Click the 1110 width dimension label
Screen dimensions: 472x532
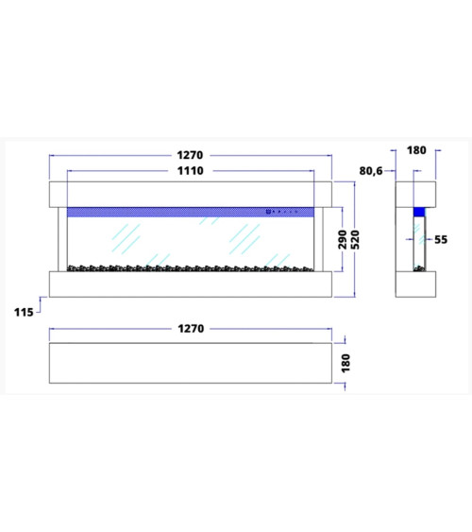(191, 171)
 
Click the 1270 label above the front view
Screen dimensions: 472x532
(190, 155)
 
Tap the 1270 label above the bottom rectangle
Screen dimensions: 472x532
(191, 329)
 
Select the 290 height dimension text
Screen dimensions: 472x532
(343, 239)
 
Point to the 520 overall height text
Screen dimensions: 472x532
(355, 239)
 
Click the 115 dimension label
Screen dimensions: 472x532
(24, 312)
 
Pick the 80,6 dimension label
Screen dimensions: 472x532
(371, 171)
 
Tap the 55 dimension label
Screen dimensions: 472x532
(441, 239)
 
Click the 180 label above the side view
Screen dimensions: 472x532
(416, 150)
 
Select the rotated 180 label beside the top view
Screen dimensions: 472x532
(346, 363)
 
